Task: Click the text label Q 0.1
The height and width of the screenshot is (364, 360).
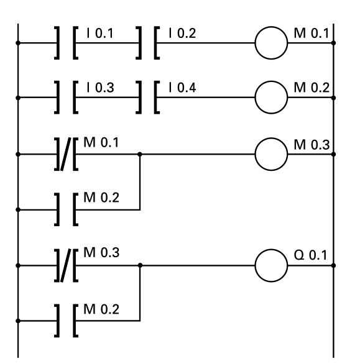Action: tap(314, 257)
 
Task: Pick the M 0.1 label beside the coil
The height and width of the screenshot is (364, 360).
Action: tap(315, 32)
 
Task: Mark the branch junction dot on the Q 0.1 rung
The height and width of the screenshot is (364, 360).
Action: tap(140, 265)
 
